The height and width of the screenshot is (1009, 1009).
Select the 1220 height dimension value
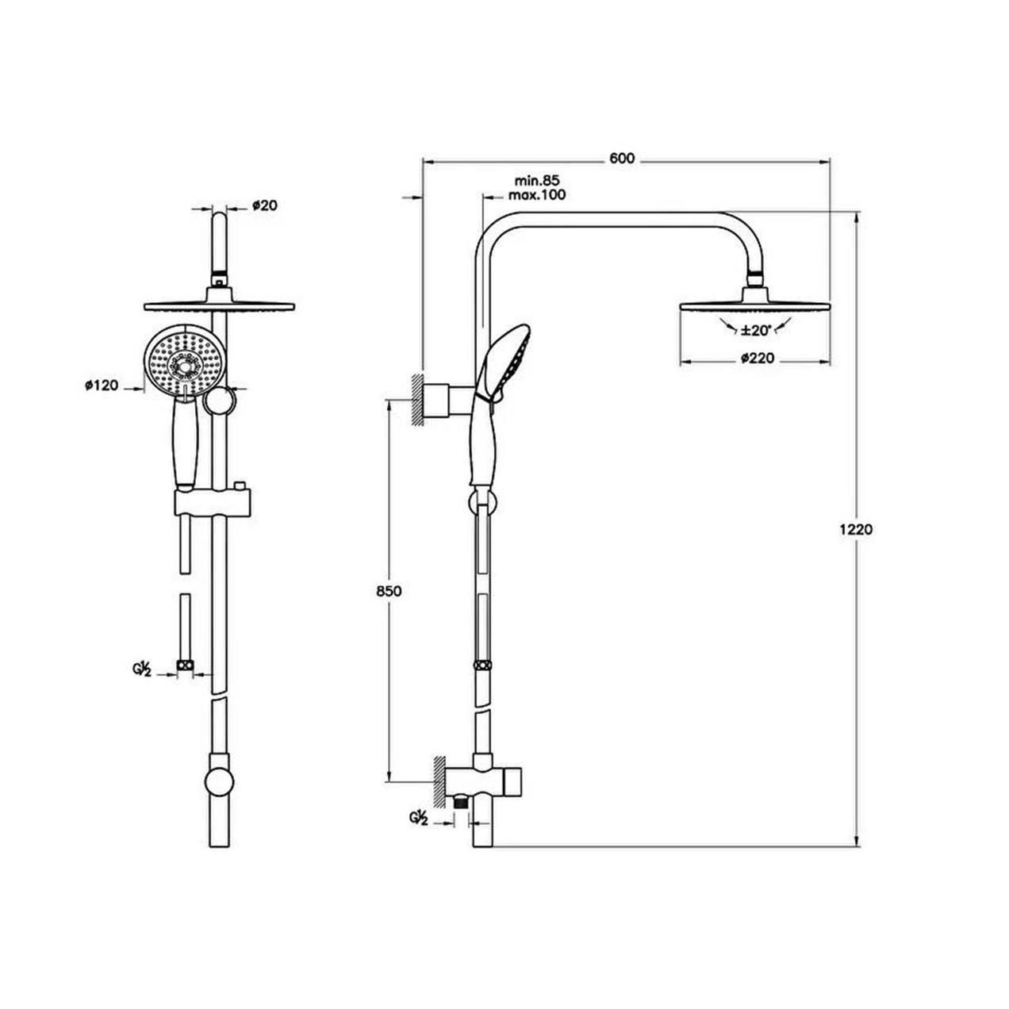point(857,530)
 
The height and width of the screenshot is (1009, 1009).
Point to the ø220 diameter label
point(756,359)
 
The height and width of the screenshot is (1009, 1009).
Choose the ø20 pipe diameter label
point(264,205)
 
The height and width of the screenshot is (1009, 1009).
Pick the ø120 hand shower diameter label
point(101,386)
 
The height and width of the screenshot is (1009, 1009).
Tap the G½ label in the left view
point(143,668)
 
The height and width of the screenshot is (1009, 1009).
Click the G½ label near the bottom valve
point(418,817)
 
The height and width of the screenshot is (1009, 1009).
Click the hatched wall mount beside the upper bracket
point(416,400)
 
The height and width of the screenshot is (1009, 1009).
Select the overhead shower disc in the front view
point(218,307)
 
